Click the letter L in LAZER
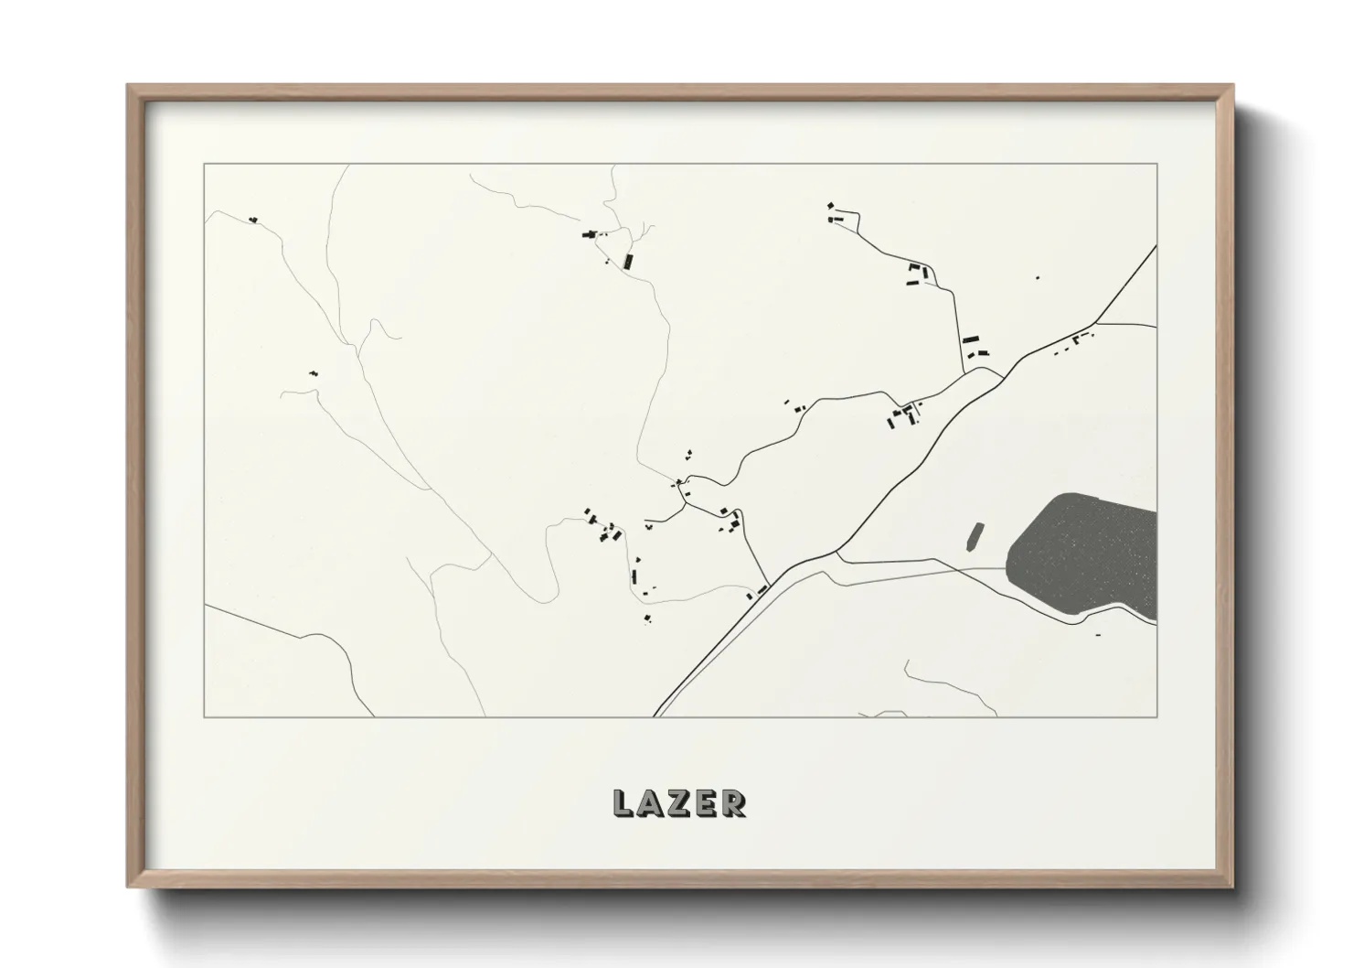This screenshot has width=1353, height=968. (x=623, y=803)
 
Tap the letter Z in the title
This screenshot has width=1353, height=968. (x=678, y=803)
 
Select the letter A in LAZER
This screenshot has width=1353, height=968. (x=650, y=803)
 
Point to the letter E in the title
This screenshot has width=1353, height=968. (x=706, y=803)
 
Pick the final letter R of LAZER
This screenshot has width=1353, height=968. (x=733, y=803)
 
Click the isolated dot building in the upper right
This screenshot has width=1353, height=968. (x=1037, y=277)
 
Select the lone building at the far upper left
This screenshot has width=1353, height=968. (x=253, y=220)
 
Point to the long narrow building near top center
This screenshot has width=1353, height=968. (x=628, y=260)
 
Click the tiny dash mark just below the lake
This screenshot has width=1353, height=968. (x=1097, y=634)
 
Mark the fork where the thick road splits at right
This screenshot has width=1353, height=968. (x=1096, y=323)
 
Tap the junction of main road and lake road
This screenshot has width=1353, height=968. (x=836, y=552)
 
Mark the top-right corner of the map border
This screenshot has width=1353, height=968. (x=1157, y=164)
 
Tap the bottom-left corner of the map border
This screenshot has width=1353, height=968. (x=204, y=716)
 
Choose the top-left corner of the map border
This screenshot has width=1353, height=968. (x=204, y=164)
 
